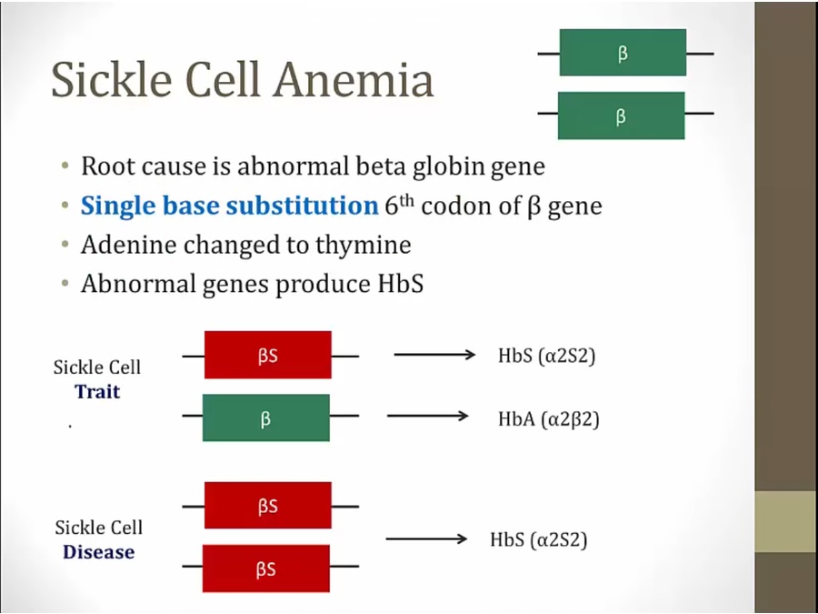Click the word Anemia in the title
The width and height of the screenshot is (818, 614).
pos(354,79)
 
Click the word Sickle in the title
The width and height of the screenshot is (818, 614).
pos(112,79)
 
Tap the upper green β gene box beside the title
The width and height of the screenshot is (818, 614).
pos(623,53)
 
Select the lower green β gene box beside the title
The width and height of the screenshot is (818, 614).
pos(622,116)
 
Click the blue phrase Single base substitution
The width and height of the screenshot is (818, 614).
pos(230,206)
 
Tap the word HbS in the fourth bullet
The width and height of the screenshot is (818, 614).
pos(400,284)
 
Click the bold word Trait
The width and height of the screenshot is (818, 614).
pos(97,391)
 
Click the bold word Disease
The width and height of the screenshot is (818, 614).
pos(98,552)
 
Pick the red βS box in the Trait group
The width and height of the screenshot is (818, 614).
pos(267,355)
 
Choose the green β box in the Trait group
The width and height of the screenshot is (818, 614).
pos(266,418)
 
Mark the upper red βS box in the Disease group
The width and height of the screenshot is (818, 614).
pos(267,506)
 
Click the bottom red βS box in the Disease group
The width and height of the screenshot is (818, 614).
pos(266,569)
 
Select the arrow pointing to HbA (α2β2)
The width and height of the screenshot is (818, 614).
pos(428,416)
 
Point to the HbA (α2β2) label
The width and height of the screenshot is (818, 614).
pos(549,418)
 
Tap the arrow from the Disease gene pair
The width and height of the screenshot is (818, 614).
pos(427,539)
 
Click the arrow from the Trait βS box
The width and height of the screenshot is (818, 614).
pos(435,355)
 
